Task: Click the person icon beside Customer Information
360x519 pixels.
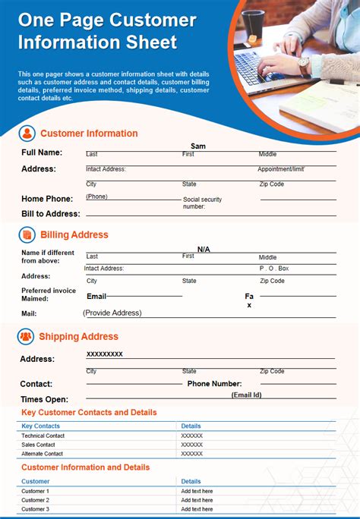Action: click(27, 134)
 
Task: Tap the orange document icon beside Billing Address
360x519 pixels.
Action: click(27, 235)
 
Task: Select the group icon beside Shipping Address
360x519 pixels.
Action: click(27, 336)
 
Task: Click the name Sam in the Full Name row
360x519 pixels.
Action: click(198, 146)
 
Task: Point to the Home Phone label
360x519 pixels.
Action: click(47, 199)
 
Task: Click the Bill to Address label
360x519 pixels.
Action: click(51, 214)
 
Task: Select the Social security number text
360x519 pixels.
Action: click(202, 203)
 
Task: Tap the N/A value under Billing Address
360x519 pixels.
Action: click(204, 249)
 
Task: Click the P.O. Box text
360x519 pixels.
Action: click(273, 269)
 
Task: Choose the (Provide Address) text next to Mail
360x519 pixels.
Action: click(112, 313)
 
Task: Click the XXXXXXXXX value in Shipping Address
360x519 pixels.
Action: click(105, 354)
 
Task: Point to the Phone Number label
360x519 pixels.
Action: click(214, 384)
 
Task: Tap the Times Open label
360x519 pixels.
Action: click(44, 399)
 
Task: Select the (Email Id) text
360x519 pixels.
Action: click(247, 395)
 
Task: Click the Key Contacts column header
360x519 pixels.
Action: click(41, 426)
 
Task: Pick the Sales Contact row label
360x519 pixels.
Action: click(39, 445)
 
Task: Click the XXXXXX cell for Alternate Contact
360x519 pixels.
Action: click(192, 454)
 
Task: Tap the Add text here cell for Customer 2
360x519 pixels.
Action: click(197, 500)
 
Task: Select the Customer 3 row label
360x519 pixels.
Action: click(35, 509)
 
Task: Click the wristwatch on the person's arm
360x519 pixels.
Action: click(304, 66)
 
